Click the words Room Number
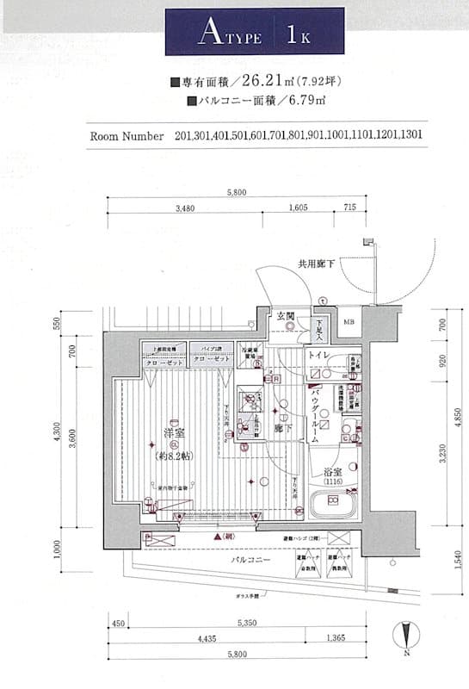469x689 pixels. tap(127, 136)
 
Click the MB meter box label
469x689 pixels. tap(349, 322)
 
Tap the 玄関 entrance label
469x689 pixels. tap(285, 316)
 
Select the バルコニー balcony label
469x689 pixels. tap(251, 560)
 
